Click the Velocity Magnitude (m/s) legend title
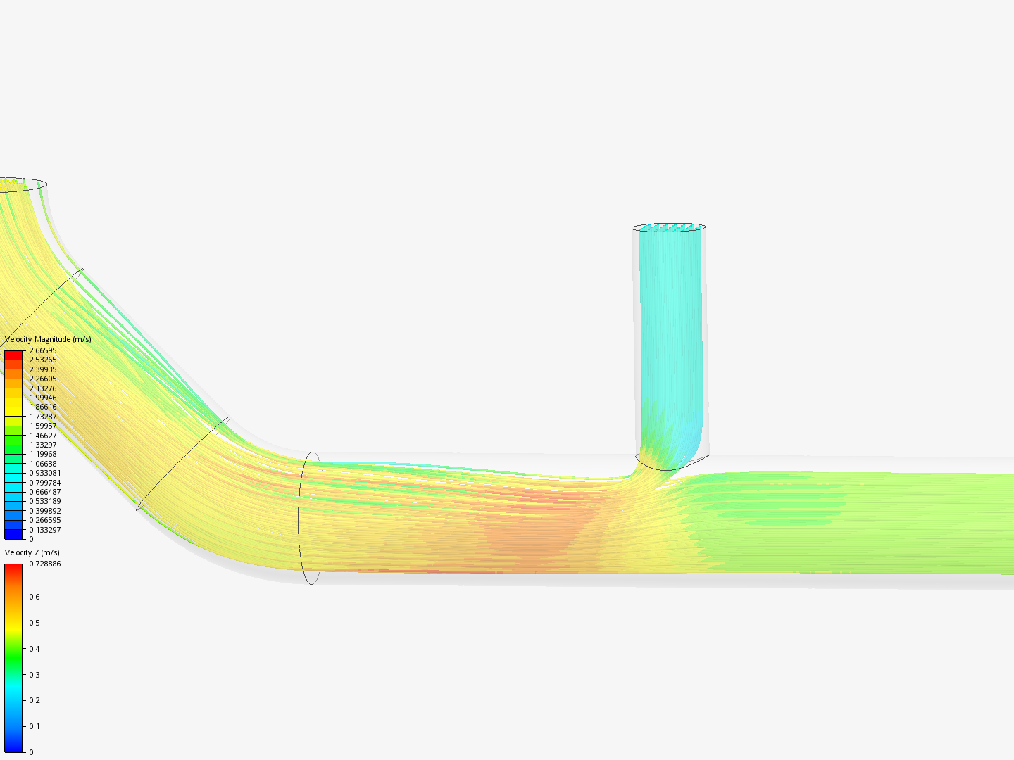click(x=48, y=339)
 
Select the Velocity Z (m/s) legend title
click(x=32, y=552)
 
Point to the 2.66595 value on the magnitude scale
click(x=43, y=350)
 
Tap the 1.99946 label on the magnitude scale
click(x=43, y=398)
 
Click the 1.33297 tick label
click(x=43, y=445)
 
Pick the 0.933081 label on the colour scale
click(x=45, y=473)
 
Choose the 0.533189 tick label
click(x=45, y=501)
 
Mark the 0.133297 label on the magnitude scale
click(x=45, y=530)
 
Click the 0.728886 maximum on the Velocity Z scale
click(x=45, y=564)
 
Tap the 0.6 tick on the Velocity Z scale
click(x=34, y=597)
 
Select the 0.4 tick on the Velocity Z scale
click(x=34, y=649)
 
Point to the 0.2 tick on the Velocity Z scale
click(x=34, y=700)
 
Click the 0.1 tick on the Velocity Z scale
click(x=34, y=726)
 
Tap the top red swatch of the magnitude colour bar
click(x=13, y=355)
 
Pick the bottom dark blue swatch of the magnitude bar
click(x=13, y=534)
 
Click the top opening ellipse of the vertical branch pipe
click(x=668, y=227)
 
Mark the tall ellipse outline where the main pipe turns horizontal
click(x=310, y=518)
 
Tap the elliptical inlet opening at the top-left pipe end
click(x=21, y=184)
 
